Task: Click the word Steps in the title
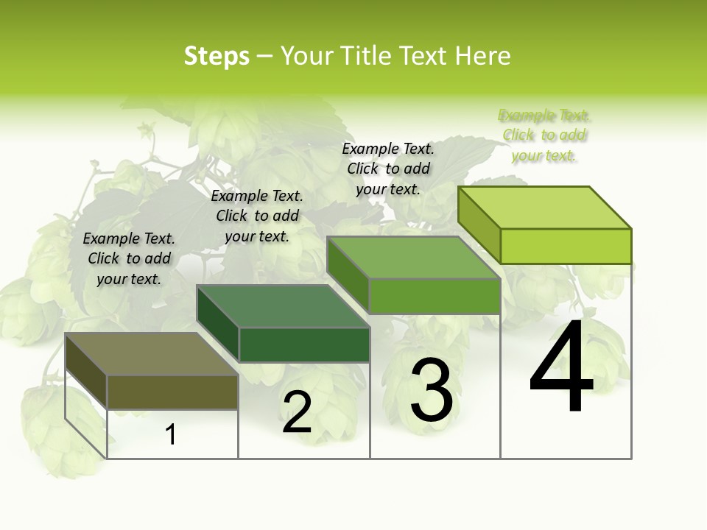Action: [216, 56]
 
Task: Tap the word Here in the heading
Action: [482, 56]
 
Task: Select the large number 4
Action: [561, 368]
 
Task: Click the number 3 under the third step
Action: [432, 390]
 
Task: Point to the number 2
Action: [297, 412]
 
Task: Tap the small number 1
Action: [171, 435]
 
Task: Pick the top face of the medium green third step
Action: [413, 258]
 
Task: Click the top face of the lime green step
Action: [544, 208]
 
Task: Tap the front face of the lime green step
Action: [566, 246]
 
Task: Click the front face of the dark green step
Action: [304, 344]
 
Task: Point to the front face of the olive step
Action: [172, 392]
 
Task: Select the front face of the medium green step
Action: [435, 296]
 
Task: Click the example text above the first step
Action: [129, 258]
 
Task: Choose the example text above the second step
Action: [257, 216]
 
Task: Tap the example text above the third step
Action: [388, 169]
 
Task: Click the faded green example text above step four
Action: [544, 135]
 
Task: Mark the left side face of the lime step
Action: [479, 225]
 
